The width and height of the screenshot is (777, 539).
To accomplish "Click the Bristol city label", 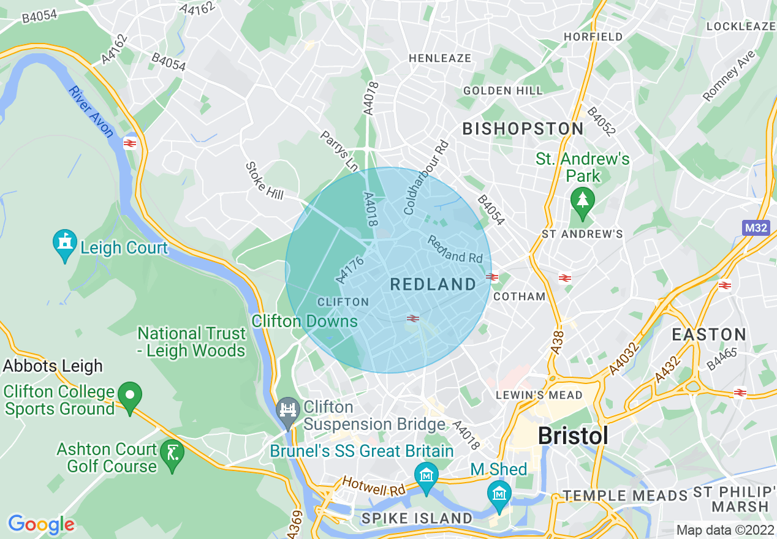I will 573,435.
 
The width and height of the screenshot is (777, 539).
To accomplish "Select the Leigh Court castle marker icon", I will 65,244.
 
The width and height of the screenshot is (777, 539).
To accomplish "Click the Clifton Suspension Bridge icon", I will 287,408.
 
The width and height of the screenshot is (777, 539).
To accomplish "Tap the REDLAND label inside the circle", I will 433,284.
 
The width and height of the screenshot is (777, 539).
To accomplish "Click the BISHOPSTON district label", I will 523,129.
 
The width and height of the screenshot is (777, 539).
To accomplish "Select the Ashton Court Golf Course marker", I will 172,454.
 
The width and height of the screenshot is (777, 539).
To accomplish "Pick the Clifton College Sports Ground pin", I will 129,395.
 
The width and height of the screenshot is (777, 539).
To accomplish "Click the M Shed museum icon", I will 499,493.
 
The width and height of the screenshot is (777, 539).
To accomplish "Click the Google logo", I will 41,524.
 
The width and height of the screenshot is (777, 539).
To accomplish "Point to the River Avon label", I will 91,111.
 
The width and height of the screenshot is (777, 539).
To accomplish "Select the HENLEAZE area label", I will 440,58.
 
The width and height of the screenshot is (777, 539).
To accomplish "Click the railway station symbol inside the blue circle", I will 413,318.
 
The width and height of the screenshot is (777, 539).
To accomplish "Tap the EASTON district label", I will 708,334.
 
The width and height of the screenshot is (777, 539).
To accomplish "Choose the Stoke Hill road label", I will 265,181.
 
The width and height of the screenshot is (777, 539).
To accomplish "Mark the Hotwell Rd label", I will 373,486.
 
